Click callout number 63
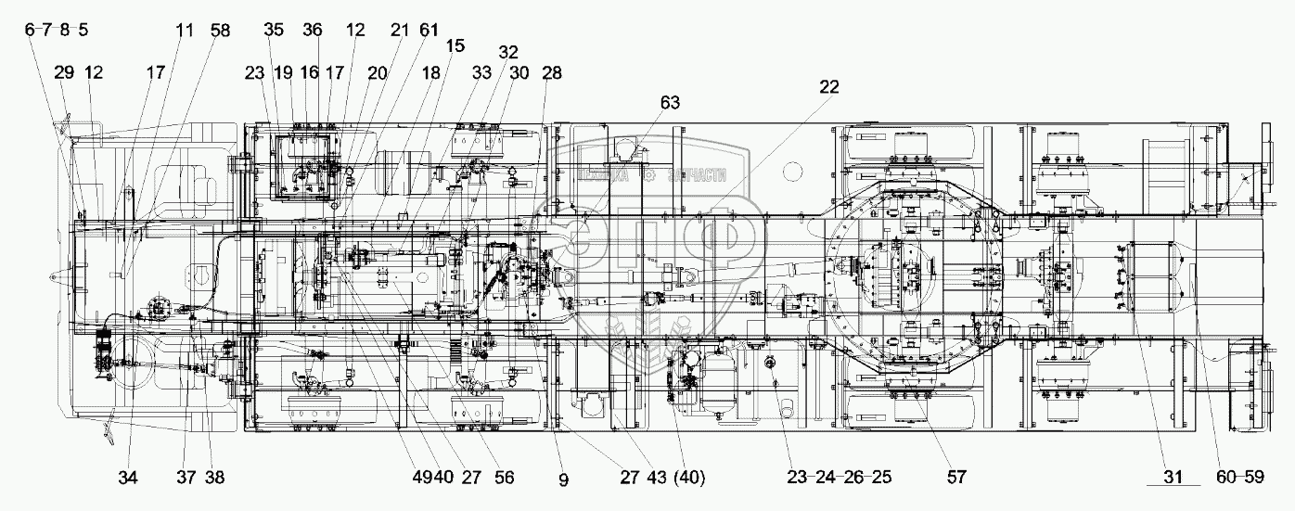[671, 102]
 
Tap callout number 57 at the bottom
[956, 478]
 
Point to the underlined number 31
[1173, 478]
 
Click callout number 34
[128, 478]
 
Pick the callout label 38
[214, 478]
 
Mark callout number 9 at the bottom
[563, 479]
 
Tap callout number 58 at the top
[220, 30]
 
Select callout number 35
[273, 30]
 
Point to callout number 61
[428, 30]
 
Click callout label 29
[63, 72]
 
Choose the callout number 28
[553, 72]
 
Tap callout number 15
[455, 46]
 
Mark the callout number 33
[482, 72]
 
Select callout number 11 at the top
[184, 30]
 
